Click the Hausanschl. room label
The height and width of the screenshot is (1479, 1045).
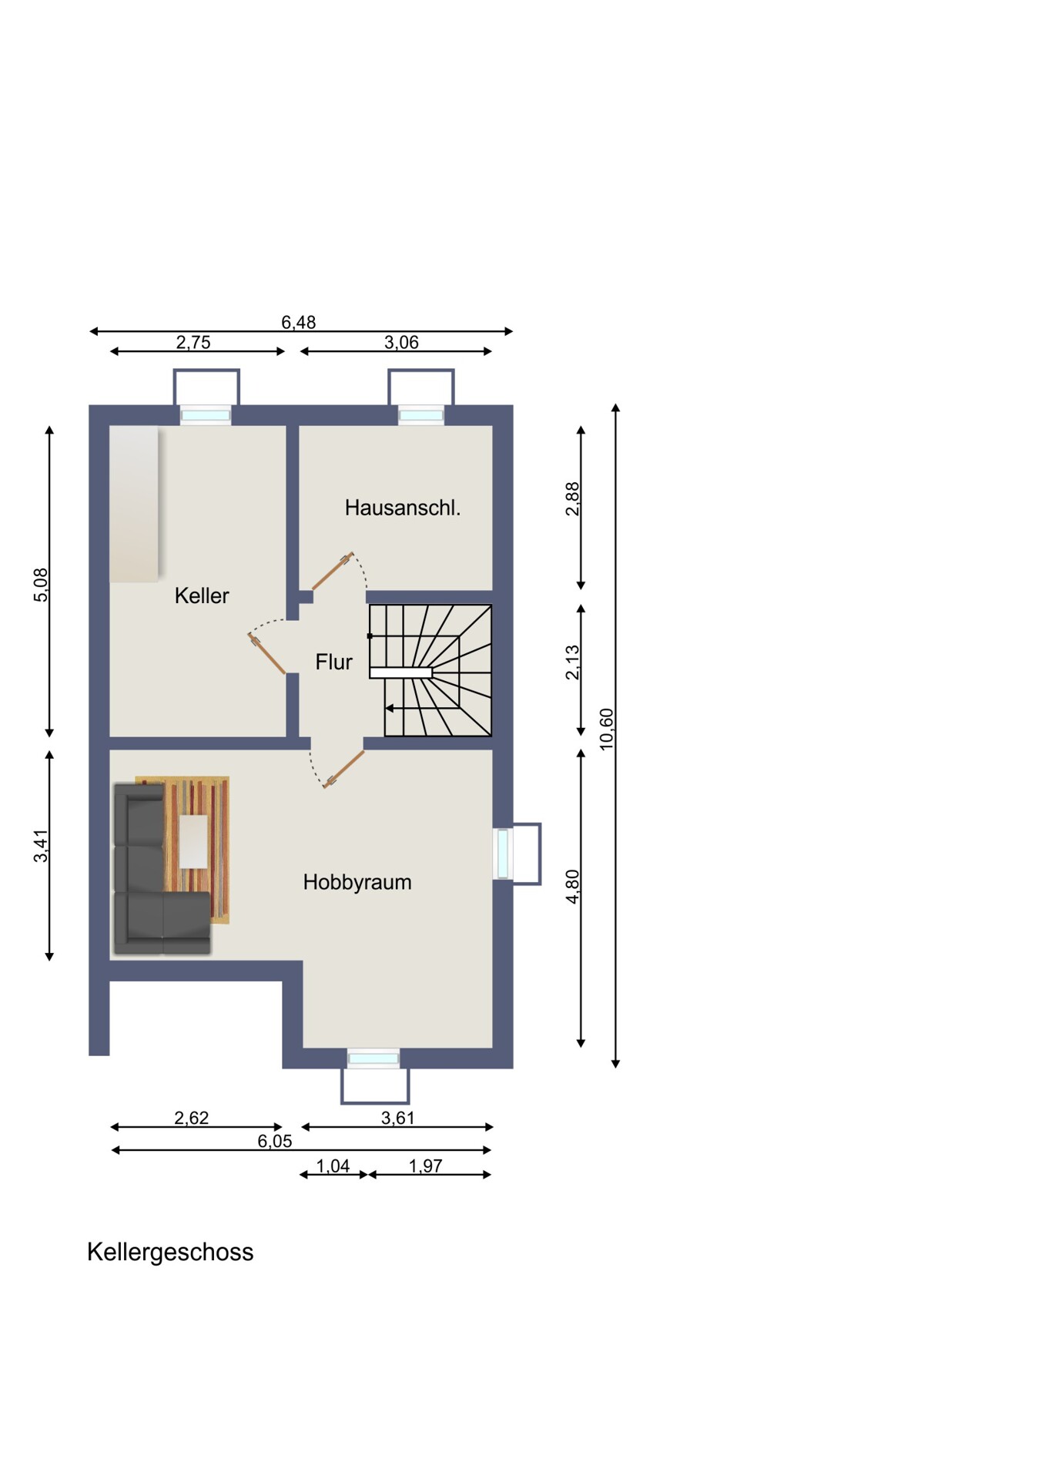[x=402, y=508]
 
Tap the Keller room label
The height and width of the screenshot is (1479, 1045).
[x=202, y=595]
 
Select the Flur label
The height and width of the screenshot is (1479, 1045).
[x=333, y=662]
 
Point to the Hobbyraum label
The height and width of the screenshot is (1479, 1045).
[x=357, y=882]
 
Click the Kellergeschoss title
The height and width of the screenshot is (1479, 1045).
[x=170, y=1253]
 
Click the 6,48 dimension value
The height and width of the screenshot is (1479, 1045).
[x=298, y=322]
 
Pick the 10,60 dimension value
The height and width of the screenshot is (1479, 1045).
[x=607, y=729]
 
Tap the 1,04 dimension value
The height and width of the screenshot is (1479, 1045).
[x=333, y=1166]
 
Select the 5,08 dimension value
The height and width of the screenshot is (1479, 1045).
[x=41, y=585]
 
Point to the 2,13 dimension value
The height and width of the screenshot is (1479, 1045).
[x=572, y=662]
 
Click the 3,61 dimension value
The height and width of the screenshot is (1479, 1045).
[x=397, y=1118]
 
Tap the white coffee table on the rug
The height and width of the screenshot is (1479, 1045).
[x=193, y=841]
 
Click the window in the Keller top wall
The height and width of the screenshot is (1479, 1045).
[x=206, y=415]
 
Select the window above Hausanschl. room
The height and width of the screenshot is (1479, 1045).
[x=421, y=415]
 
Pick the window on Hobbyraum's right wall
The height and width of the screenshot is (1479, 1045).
[x=503, y=854]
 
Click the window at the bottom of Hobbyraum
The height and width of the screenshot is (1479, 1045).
[x=373, y=1058]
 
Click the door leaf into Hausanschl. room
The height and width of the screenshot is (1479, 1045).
[x=333, y=571]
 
